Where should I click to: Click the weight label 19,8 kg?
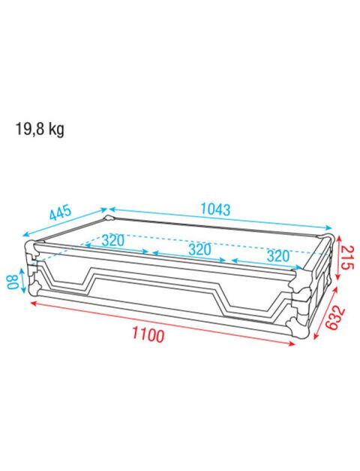click(40, 130)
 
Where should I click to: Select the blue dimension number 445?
click(61, 212)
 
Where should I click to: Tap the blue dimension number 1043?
click(215, 209)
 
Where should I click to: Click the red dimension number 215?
click(347, 257)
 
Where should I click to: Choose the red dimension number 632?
click(335, 317)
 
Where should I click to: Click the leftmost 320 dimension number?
click(112, 240)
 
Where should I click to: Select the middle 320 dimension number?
click(199, 249)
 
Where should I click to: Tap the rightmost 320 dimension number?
click(278, 256)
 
